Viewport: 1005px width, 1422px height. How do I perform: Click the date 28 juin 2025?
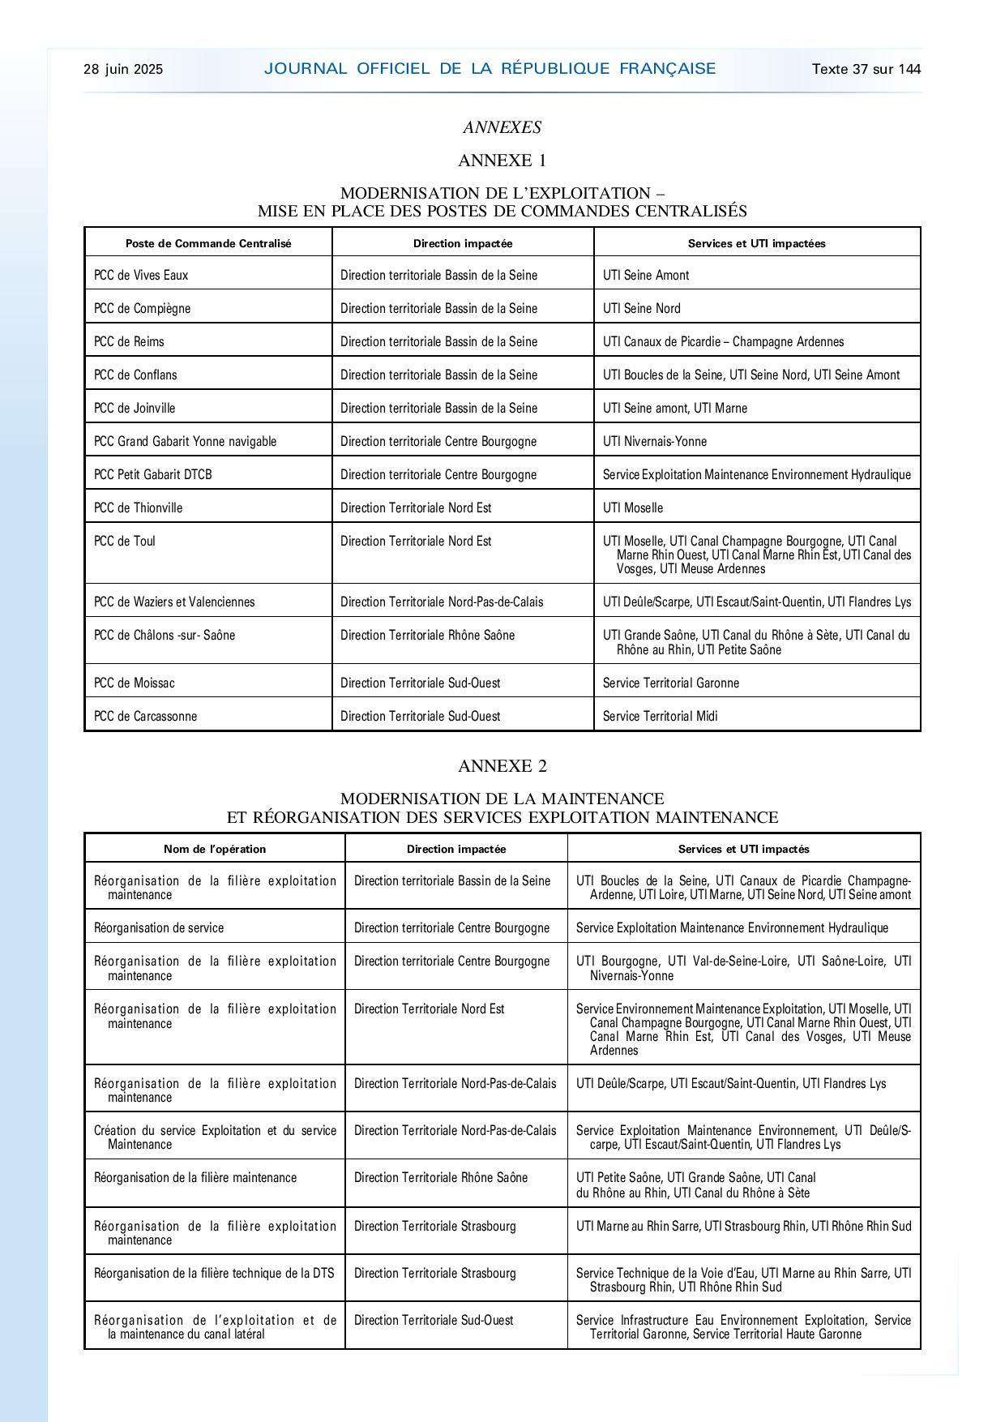point(123,70)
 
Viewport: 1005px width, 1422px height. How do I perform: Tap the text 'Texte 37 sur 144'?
point(866,70)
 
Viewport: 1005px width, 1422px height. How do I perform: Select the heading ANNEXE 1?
point(502,161)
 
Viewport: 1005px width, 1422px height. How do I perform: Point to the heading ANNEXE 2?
point(502,766)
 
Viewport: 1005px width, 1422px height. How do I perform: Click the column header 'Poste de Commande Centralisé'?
point(208,243)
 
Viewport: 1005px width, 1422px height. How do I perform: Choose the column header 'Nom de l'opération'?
point(215,849)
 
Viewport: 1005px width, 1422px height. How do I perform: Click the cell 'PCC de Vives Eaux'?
point(141,276)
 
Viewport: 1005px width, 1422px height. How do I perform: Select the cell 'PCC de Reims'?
point(129,342)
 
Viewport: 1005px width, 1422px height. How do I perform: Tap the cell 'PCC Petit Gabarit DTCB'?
point(153,475)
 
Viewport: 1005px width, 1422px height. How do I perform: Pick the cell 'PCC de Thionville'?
point(139,508)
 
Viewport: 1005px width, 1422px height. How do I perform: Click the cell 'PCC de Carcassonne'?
point(146,717)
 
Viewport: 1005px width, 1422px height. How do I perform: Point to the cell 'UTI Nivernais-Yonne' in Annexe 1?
point(655,442)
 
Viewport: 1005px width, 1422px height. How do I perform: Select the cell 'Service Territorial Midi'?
point(661,717)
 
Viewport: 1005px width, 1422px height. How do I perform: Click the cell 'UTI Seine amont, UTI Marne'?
point(675,409)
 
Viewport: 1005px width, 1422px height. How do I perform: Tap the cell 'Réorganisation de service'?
point(159,928)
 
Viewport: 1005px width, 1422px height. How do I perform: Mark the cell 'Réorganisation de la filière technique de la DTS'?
point(214,1274)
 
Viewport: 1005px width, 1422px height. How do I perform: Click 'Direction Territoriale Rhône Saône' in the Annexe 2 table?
point(441,1178)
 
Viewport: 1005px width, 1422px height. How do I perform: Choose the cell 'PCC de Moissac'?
point(135,683)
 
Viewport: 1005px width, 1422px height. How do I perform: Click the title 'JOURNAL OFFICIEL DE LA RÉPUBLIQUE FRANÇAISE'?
point(490,69)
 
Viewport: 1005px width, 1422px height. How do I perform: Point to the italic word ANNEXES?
point(502,127)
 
